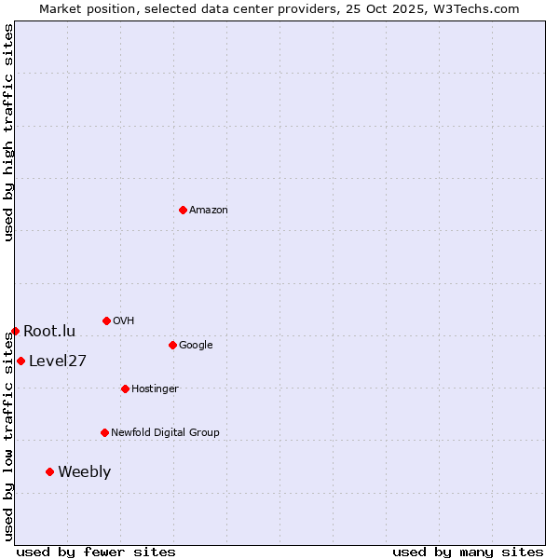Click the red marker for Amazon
point(183,210)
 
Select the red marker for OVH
point(106,320)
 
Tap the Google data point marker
point(172,345)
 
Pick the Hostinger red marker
point(125,389)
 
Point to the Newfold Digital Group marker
point(104,432)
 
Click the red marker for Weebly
point(49,471)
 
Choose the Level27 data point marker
point(20,361)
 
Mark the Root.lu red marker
point(15,331)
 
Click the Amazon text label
point(208,211)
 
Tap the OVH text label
point(123,321)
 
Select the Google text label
point(196,346)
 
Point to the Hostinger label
point(155,389)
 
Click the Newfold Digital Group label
point(165,433)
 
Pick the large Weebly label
point(84,472)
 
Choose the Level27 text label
point(58,361)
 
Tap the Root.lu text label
point(49,332)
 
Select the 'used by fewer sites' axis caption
point(96,552)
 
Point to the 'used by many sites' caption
point(468,552)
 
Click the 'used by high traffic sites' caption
point(9,132)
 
